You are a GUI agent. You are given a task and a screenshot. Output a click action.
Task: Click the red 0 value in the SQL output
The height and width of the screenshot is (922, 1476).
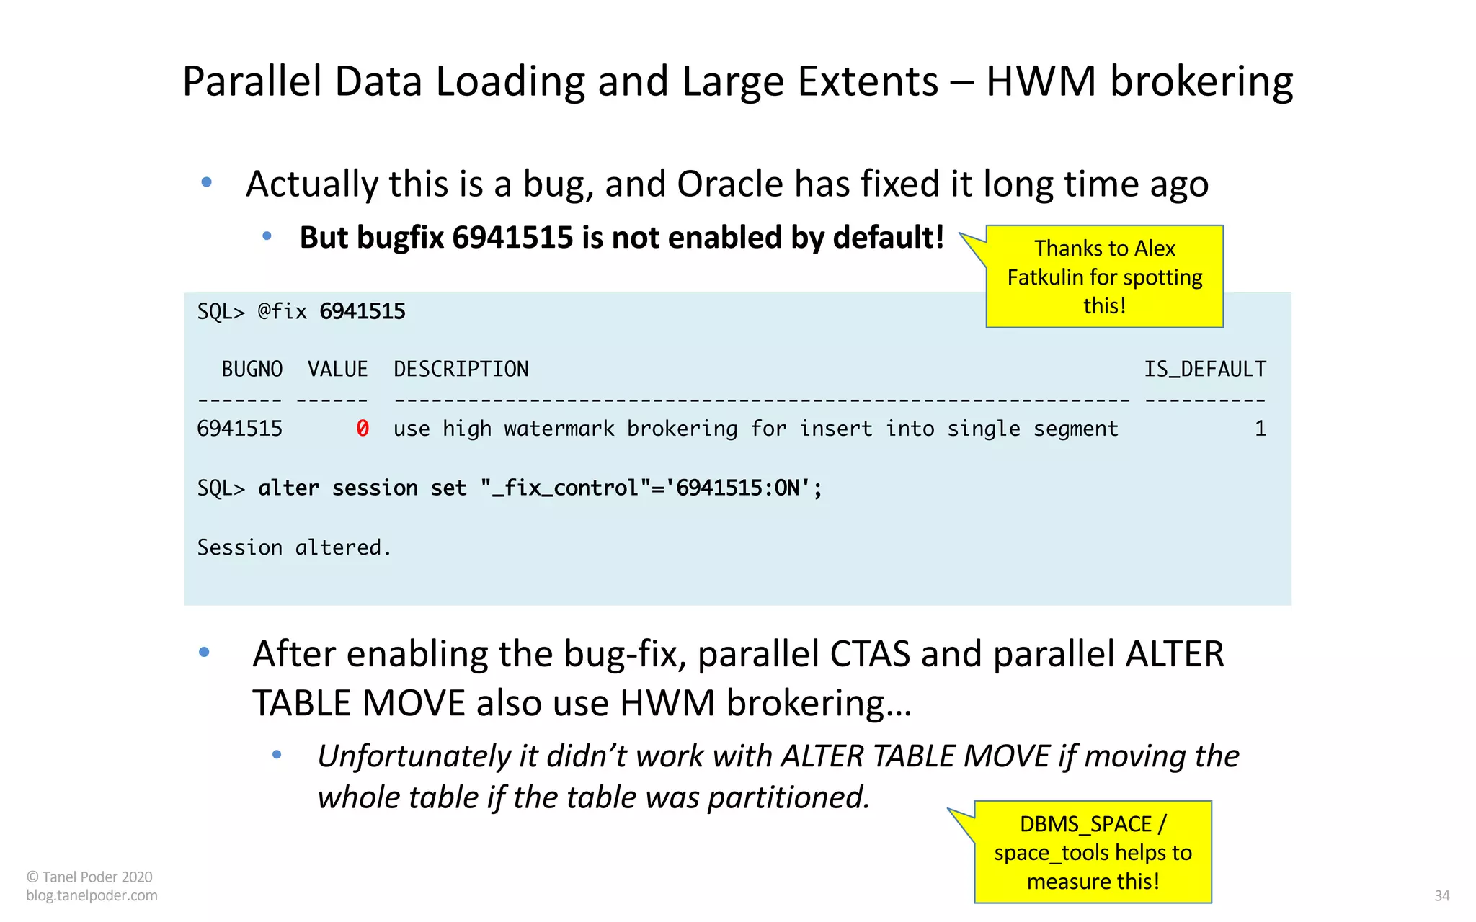(x=363, y=429)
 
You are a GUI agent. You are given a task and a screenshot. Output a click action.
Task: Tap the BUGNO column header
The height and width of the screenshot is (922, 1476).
(x=252, y=369)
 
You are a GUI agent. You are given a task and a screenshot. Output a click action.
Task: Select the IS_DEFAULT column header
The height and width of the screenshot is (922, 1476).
(x=1205, y=369)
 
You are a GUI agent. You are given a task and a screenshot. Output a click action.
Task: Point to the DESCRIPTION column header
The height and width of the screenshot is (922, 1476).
(x=461, y=369)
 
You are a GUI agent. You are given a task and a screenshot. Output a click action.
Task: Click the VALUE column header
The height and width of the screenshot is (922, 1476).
(x=337, y=369)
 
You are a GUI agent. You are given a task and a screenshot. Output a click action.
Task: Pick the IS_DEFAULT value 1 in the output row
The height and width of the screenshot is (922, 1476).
(x=1260, y=429)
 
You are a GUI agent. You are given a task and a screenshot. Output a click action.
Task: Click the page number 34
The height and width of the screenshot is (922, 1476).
(x=1441, y=895)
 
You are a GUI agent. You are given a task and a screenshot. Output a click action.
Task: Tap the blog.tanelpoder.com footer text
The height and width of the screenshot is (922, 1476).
(x=92, y=895)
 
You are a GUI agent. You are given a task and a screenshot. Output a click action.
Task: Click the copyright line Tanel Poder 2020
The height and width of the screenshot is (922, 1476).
(x=89, y=877)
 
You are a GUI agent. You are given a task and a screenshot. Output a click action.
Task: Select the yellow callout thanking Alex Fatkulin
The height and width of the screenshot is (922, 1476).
(x=1104, y=277)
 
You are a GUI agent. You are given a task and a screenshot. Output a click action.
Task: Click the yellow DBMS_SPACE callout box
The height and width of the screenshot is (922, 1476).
(x=1093, y=852)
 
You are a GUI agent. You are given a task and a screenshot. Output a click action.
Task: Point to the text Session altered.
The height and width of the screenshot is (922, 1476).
(x=294, y=547)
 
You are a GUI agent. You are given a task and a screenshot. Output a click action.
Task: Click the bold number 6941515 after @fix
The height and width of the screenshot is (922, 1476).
(x=363, y=311)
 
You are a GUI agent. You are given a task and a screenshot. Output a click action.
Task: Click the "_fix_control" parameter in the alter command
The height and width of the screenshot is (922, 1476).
(x=559, y=488)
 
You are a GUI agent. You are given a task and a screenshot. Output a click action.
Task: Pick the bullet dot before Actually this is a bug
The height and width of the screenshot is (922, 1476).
(x=207, y=182)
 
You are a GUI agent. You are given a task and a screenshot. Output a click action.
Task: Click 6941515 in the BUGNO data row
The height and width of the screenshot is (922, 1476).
(x=240, y=429)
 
